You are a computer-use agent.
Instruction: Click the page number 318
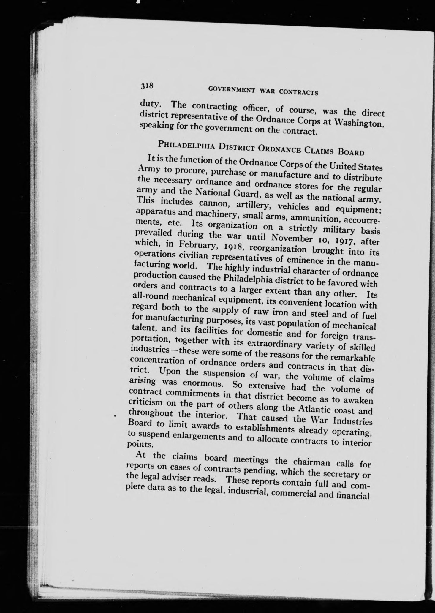(147, 86)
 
